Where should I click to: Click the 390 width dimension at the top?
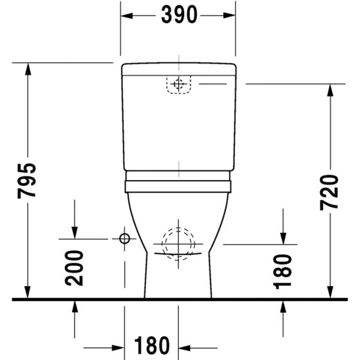[x=179, y=16]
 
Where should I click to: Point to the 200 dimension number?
[x=74, y=267]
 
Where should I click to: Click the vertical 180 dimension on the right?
[x=282, y=271]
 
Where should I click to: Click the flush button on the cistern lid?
[x=178, y=85]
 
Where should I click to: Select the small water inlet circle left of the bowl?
[x=124, y=239]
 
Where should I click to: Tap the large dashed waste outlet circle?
[x=178, y=244]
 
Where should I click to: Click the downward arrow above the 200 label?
[x=74, y=233]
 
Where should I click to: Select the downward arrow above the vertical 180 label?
[x=282, y=239]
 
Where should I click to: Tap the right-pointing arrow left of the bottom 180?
[x=118, y=347]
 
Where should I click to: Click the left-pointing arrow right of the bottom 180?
[x=184, y=347]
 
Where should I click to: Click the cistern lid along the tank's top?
[x=178, y=69]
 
